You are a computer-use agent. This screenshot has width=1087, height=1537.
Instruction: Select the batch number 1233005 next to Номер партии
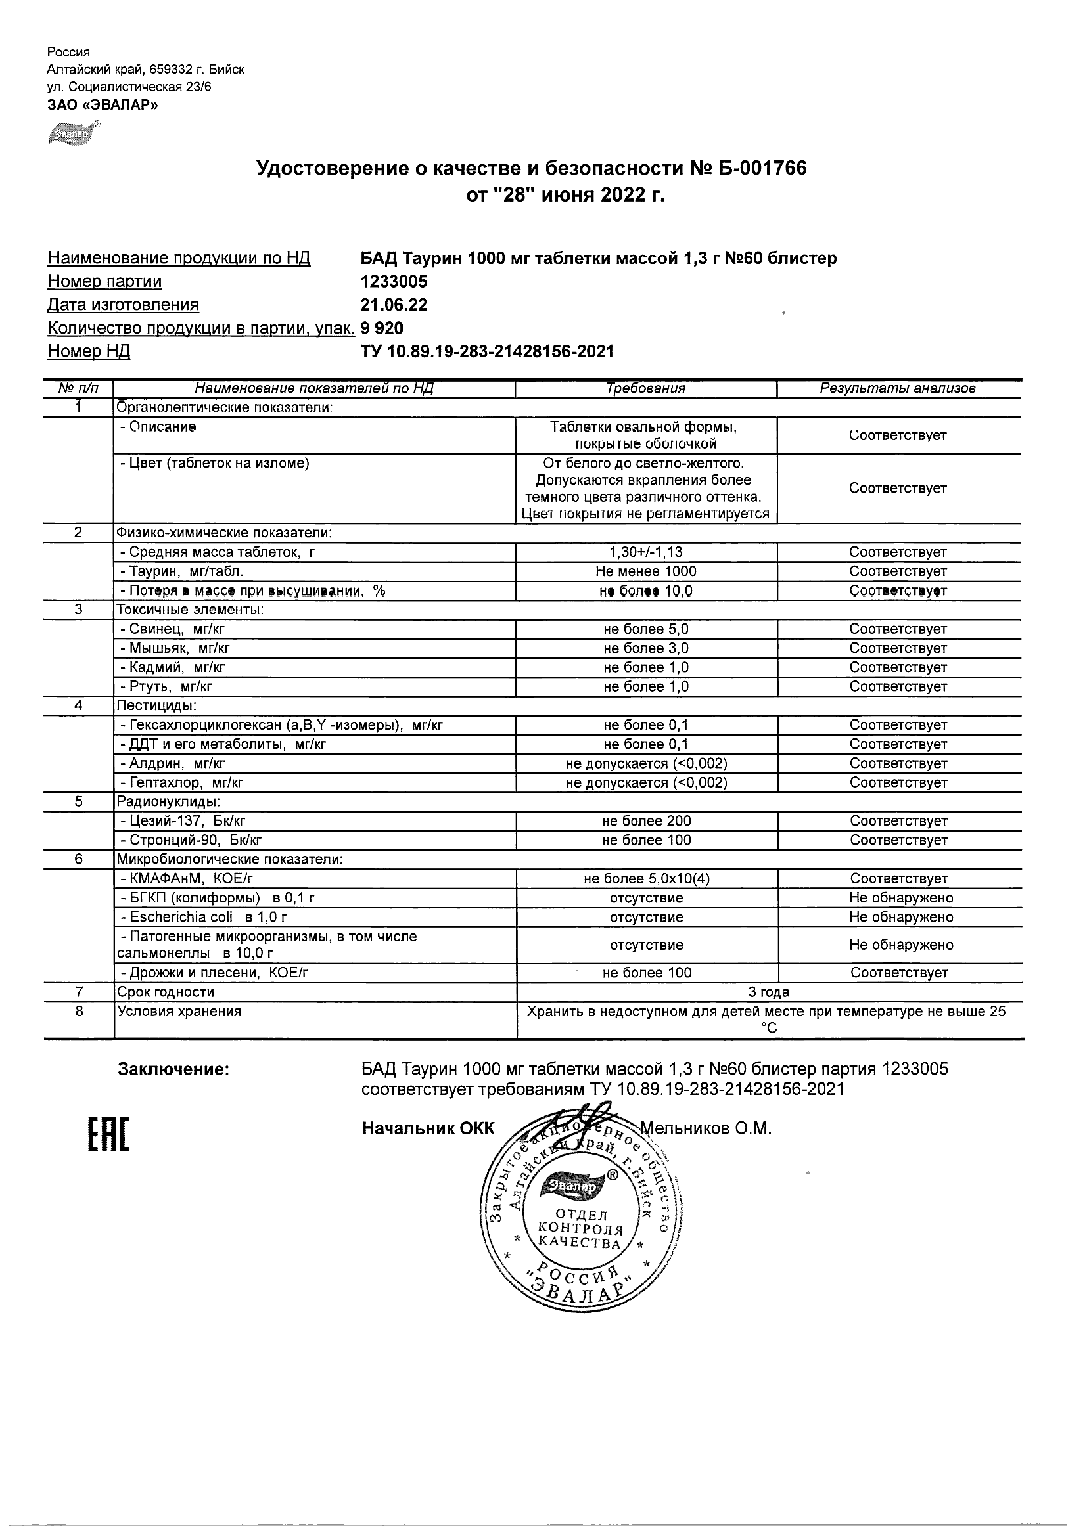394,282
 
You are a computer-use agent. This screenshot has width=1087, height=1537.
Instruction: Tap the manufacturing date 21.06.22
394,305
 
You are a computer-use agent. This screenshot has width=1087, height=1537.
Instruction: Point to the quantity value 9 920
382,328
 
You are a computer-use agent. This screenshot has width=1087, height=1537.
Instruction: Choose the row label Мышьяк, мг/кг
175,649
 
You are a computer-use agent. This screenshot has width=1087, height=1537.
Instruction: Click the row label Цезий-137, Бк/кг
187,822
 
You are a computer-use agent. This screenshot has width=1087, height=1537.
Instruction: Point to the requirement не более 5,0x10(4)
646,879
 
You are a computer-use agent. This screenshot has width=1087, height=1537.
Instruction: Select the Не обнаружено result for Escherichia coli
901,917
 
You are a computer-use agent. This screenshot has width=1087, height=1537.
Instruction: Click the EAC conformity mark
108,1136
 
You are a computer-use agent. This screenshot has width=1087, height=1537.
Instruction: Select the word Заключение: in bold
173,1070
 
